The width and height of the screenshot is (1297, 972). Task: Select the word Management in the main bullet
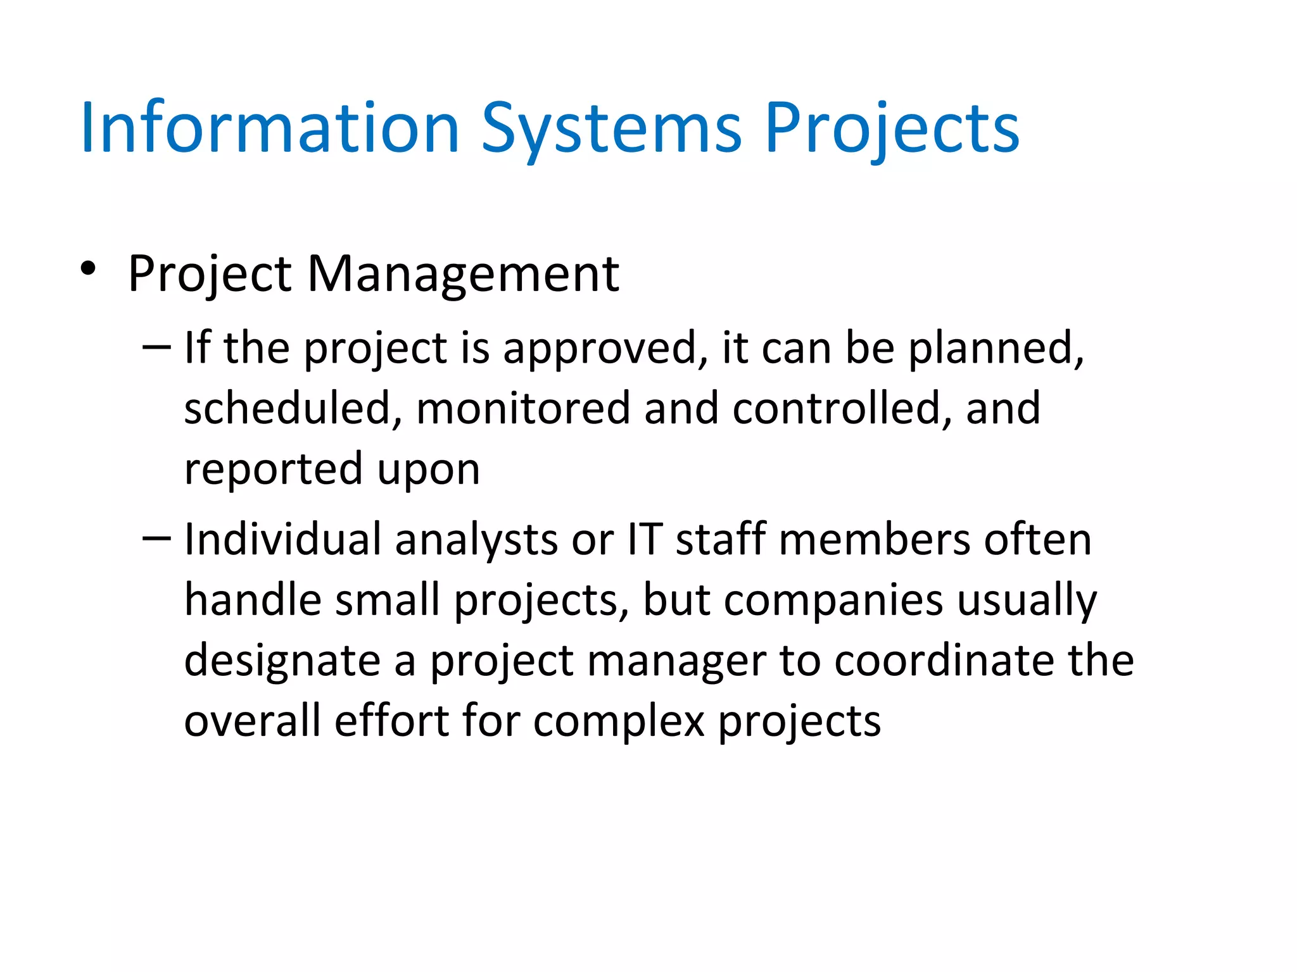(x=463, y=275)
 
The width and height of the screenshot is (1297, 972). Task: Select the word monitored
(x=522, y=408)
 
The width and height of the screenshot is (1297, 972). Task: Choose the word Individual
(x=282, y=540)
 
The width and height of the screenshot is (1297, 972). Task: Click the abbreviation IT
(x=645, y=540)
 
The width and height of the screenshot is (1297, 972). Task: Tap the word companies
(x=833, y=601)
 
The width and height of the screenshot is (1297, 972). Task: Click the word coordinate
(x=944, y=661)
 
